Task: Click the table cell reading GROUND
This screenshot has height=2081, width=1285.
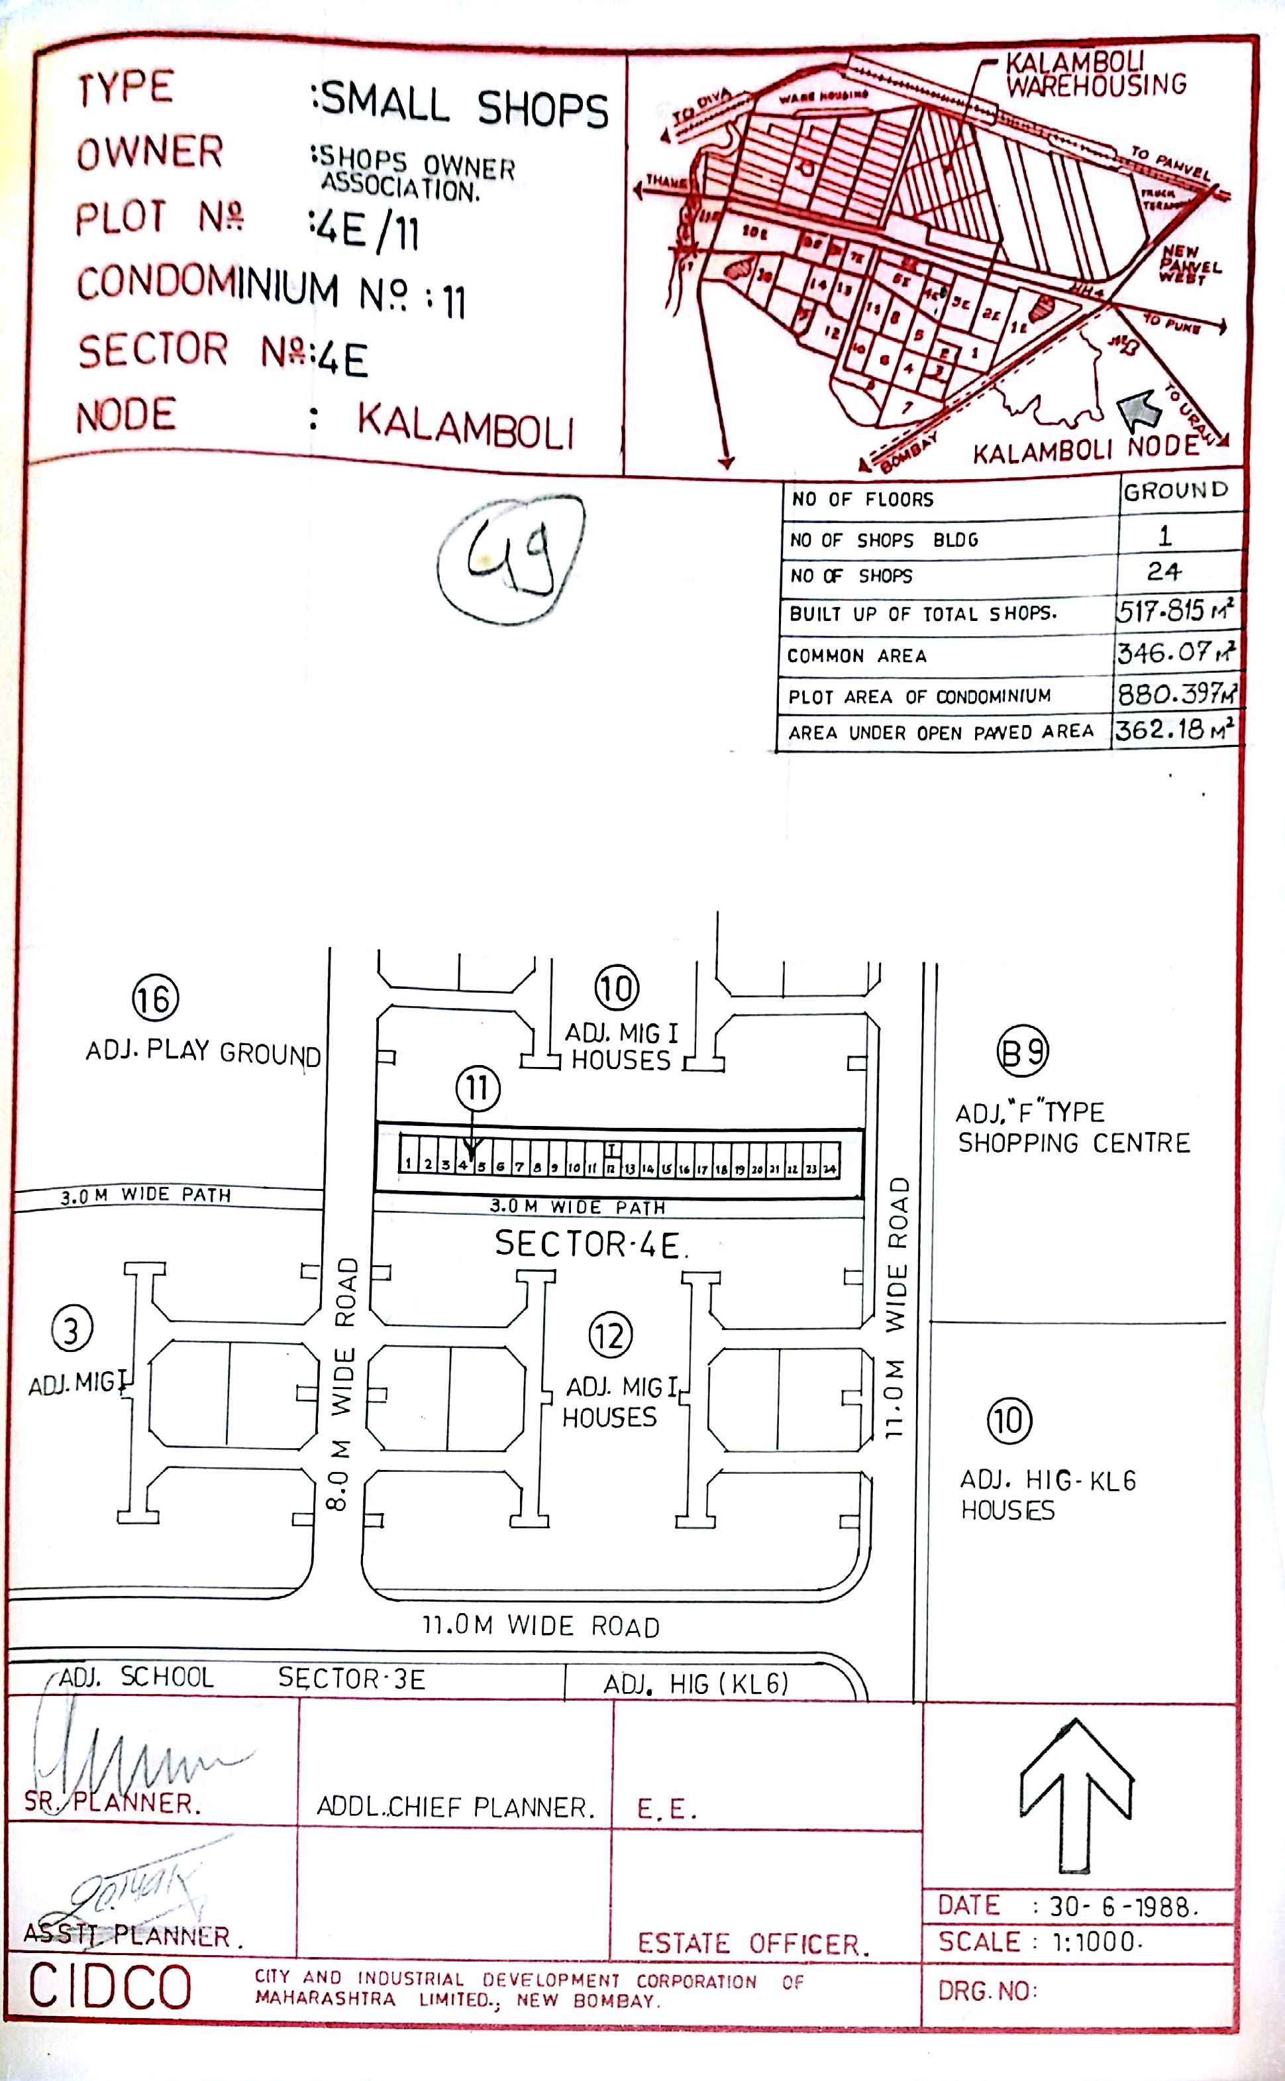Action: pyautogui.click(x=1176, y=490)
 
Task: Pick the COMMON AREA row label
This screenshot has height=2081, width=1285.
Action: pyautogui.click(x=856, y=655)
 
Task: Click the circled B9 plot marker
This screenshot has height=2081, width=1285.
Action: pyautogui.click(x=1023, y=1052)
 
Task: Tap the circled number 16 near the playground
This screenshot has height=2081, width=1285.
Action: pyautogui.click(x=156, y=998)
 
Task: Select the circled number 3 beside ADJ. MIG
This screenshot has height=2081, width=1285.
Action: pyautogui.click(x=72, y=1329)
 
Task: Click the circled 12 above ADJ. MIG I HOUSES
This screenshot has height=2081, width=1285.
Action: pyautogui.click(x=610, y=1335)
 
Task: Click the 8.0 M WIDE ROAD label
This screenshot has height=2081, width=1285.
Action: pyautogui.click(x=342, y=1383)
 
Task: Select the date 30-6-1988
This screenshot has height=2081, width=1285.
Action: pyautogui.click(x=1122, y=1907)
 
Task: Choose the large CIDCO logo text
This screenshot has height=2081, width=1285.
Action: pyautogui.click(x=111, y=1988)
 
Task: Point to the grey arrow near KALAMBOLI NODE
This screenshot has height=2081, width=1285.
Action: pyautogui.click(x=1139, y=409)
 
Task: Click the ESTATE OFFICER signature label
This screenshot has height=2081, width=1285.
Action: pyautogui.click(x=753, y=1943)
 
